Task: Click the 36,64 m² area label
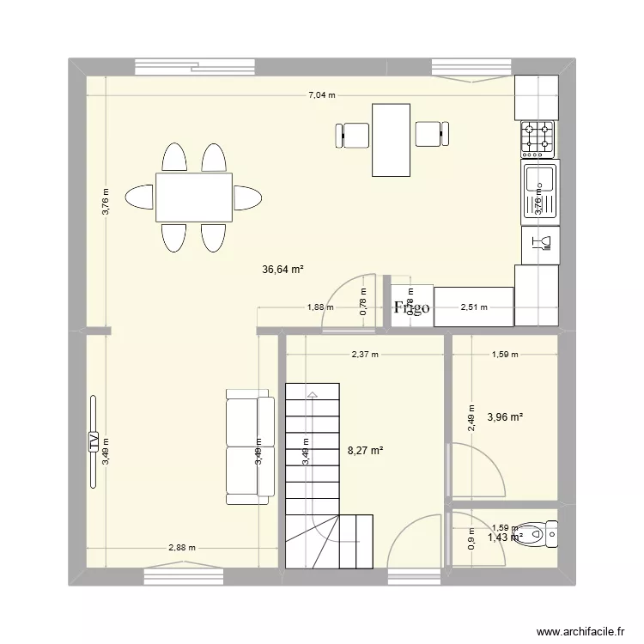[283, 269]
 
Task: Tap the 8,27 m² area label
[365, 449]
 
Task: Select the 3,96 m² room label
[505, 418]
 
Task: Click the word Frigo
[411, 308]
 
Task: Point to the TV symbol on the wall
[93, 442]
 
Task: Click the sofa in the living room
[243, 447]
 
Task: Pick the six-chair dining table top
[193, 197]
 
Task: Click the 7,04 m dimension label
[323, 95]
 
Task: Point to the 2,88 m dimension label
[182, 548]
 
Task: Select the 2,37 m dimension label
[365, 353]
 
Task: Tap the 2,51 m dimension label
[474, 307]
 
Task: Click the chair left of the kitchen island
[353, 135]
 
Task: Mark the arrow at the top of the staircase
[312, 395]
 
